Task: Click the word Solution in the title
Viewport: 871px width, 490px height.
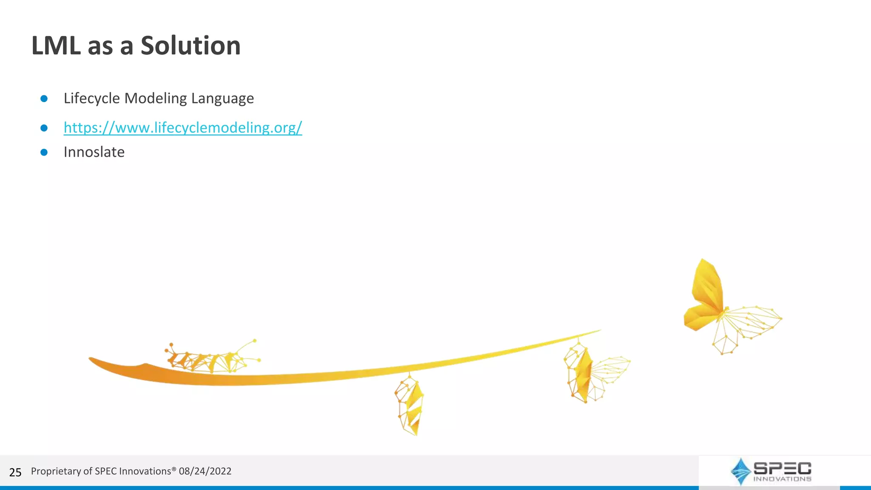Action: (x=191, y=46)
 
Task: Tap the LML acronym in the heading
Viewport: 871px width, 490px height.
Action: (x=56, y=46)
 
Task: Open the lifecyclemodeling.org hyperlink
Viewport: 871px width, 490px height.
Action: (x=183, y=127)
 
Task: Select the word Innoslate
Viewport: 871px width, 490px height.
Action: (x=94, y=152)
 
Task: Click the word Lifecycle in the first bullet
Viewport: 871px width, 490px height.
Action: (x=92, y=98)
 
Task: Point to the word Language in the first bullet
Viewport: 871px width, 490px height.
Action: (x=222, y=98)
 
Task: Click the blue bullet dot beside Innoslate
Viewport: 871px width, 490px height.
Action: (x=44, y=152)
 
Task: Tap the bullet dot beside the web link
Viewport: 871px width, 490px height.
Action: (x=44, y=128)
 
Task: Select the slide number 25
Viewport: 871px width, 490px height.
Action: (x=15, y=472)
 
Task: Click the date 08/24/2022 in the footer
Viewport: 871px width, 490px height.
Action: (x=205, y=471)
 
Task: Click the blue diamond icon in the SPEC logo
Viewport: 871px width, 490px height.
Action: (x=740, y=471)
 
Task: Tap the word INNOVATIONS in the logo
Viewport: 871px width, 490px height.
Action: (x=782, y=479)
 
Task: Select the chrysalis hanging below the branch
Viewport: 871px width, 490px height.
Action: (x=410, y=406)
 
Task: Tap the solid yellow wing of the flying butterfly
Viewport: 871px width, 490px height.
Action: (x=706, y=293)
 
